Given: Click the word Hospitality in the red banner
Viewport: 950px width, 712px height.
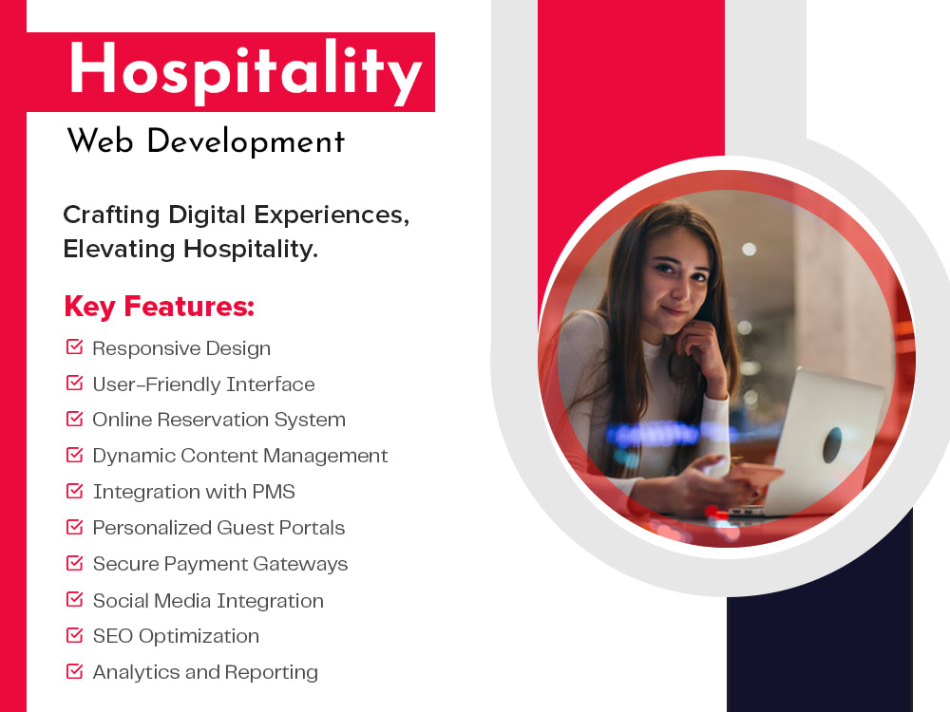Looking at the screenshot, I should coord(245,72).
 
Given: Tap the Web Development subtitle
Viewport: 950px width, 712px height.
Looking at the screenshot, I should coord(205,142).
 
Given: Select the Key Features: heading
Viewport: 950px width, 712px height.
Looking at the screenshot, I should coord(159,307).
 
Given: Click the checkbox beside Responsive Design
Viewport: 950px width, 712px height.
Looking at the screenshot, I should coord(74,347).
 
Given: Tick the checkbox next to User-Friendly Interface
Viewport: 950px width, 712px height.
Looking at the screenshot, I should coord(74,384).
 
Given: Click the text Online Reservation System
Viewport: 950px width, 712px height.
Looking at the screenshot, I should coord(218,420).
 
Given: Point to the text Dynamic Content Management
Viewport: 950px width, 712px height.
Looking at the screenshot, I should coord(240,456).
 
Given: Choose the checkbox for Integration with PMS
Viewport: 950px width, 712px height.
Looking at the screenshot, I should coord(74,492).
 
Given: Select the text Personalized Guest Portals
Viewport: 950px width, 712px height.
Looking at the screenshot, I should coord(218,528).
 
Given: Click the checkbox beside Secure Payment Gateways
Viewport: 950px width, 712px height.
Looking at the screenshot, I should coord(74,564).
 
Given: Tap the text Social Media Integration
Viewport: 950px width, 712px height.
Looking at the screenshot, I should coord(208,601).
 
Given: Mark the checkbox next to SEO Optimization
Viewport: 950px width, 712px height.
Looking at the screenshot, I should coord(74,636).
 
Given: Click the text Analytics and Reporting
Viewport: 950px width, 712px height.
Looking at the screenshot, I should coord(205,672).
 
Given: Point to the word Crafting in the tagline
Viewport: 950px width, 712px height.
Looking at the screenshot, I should coord(111,215).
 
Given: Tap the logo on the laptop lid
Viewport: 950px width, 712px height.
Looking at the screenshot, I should coord(832,443).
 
